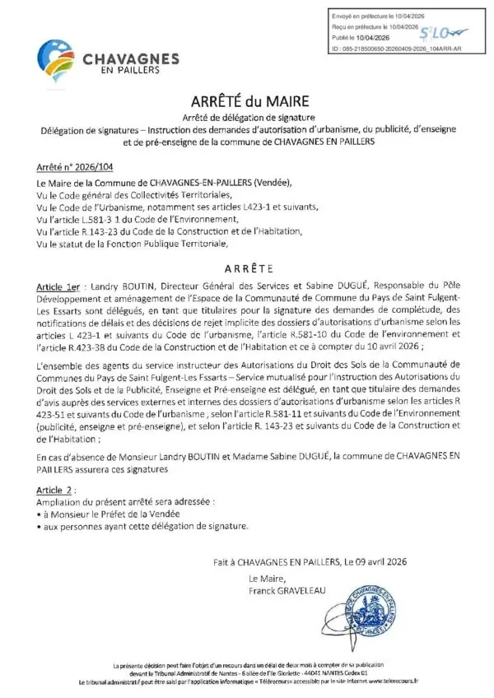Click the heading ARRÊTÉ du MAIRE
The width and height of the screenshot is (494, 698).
[x=248, y=103]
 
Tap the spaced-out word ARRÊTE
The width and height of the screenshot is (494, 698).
[x=246, y=268]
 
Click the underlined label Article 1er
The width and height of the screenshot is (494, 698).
[x=59, y=282]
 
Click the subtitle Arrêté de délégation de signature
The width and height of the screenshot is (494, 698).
[x=247, y=119]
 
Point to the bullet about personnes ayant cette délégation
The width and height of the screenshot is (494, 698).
[x=141, y=524]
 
